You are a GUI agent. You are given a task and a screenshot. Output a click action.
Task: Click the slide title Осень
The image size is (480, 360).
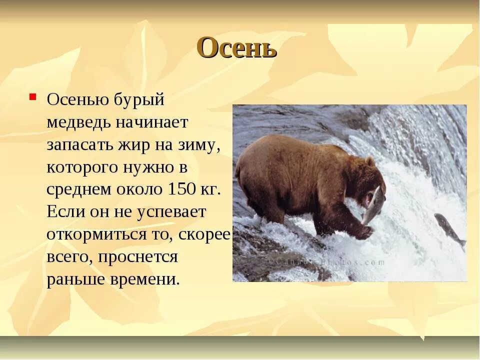pyautogui.click(x=237, y=48)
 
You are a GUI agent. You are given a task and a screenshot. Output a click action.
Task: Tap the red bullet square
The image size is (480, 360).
pyautogui.click(x=32, y=95)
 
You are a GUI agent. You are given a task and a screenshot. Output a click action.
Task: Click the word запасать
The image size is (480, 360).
pyautogui.click(x=78, y=145)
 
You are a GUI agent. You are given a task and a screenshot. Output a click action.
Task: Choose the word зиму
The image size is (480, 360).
pyautogui.click(x=199, y=145)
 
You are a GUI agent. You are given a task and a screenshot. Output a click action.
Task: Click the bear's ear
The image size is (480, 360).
pyautogui.click(x=369, y=161)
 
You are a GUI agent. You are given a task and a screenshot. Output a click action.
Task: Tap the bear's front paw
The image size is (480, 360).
pyautogui.click(x=364, y=232)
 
